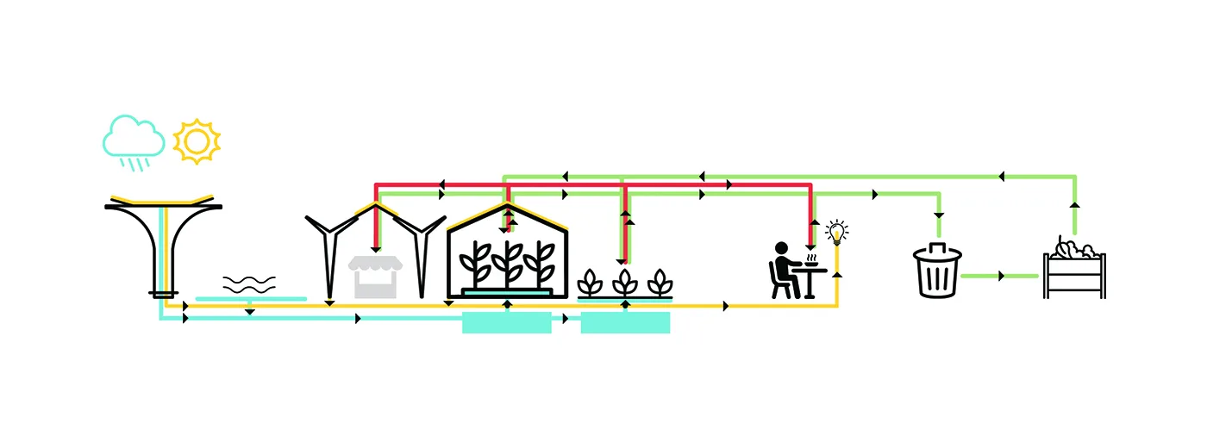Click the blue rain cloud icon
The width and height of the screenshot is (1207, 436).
click(x=134, y=136)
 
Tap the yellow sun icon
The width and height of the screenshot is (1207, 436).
click(x=197, y=140)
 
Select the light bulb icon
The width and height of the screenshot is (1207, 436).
click(x=835, y=231)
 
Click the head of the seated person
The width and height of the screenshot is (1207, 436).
click(x=782, y=248)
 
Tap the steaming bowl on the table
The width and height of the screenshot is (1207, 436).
click(x=810, y=260)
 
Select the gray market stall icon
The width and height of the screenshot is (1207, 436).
click(x=375, y=276)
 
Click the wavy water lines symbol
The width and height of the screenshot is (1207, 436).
click(x=249, y=283)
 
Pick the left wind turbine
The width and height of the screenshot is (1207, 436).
click(x=330, y=250)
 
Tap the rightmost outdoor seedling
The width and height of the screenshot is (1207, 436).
click(x=660, y=282)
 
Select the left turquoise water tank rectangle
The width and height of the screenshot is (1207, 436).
click(x=506, y=323)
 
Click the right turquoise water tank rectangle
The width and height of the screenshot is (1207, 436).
click(x=625, y=323)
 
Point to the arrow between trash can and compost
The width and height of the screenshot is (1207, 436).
click(x=1002, y=276)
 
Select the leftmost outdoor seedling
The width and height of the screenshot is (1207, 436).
click(x=590, y=282)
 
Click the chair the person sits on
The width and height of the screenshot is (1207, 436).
click(x=781, y=282)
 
